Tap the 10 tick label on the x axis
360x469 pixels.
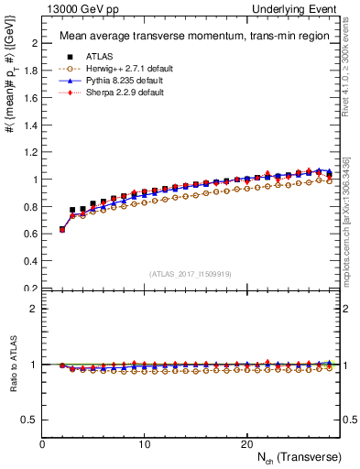point(145,443)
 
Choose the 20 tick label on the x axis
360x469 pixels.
point(246,443)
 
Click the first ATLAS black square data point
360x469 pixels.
point(62,229)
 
